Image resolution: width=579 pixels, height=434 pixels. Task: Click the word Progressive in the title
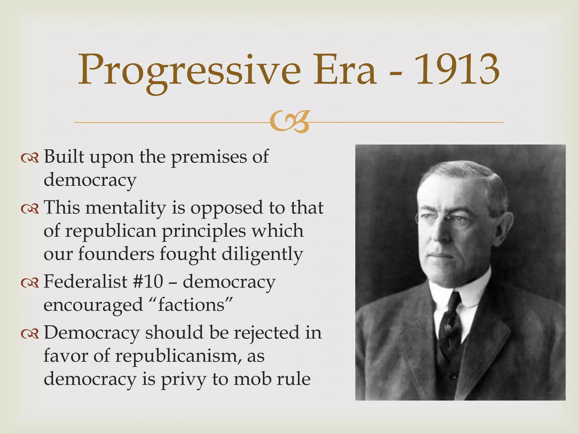coord(189,71)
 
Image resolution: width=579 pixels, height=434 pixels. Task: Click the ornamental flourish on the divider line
coord(289,122)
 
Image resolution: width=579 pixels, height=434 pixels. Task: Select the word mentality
coord(126,208)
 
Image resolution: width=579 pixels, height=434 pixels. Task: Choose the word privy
coord(183,379)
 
